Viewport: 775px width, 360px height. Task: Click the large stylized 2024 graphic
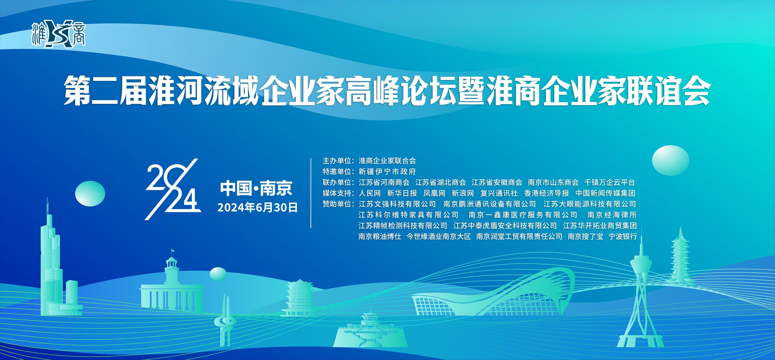tap(173, 189)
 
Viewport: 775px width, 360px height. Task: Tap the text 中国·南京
tap(256, 188)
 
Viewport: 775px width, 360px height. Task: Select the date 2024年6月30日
tap(257, 207)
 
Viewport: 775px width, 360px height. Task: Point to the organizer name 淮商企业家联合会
tap(387, 161)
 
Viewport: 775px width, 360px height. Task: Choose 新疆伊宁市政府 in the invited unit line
tap(387, 172)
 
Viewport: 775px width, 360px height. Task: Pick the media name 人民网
tap(370, 193)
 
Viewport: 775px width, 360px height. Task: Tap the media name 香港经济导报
tap(547, 193)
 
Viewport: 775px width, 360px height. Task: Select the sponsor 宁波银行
tap(623, 237)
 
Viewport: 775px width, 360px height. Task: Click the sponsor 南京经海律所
tap(612, 215)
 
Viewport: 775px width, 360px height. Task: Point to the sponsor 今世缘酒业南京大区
tap(439, 237)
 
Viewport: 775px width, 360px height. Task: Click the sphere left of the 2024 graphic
tap(90, 194)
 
